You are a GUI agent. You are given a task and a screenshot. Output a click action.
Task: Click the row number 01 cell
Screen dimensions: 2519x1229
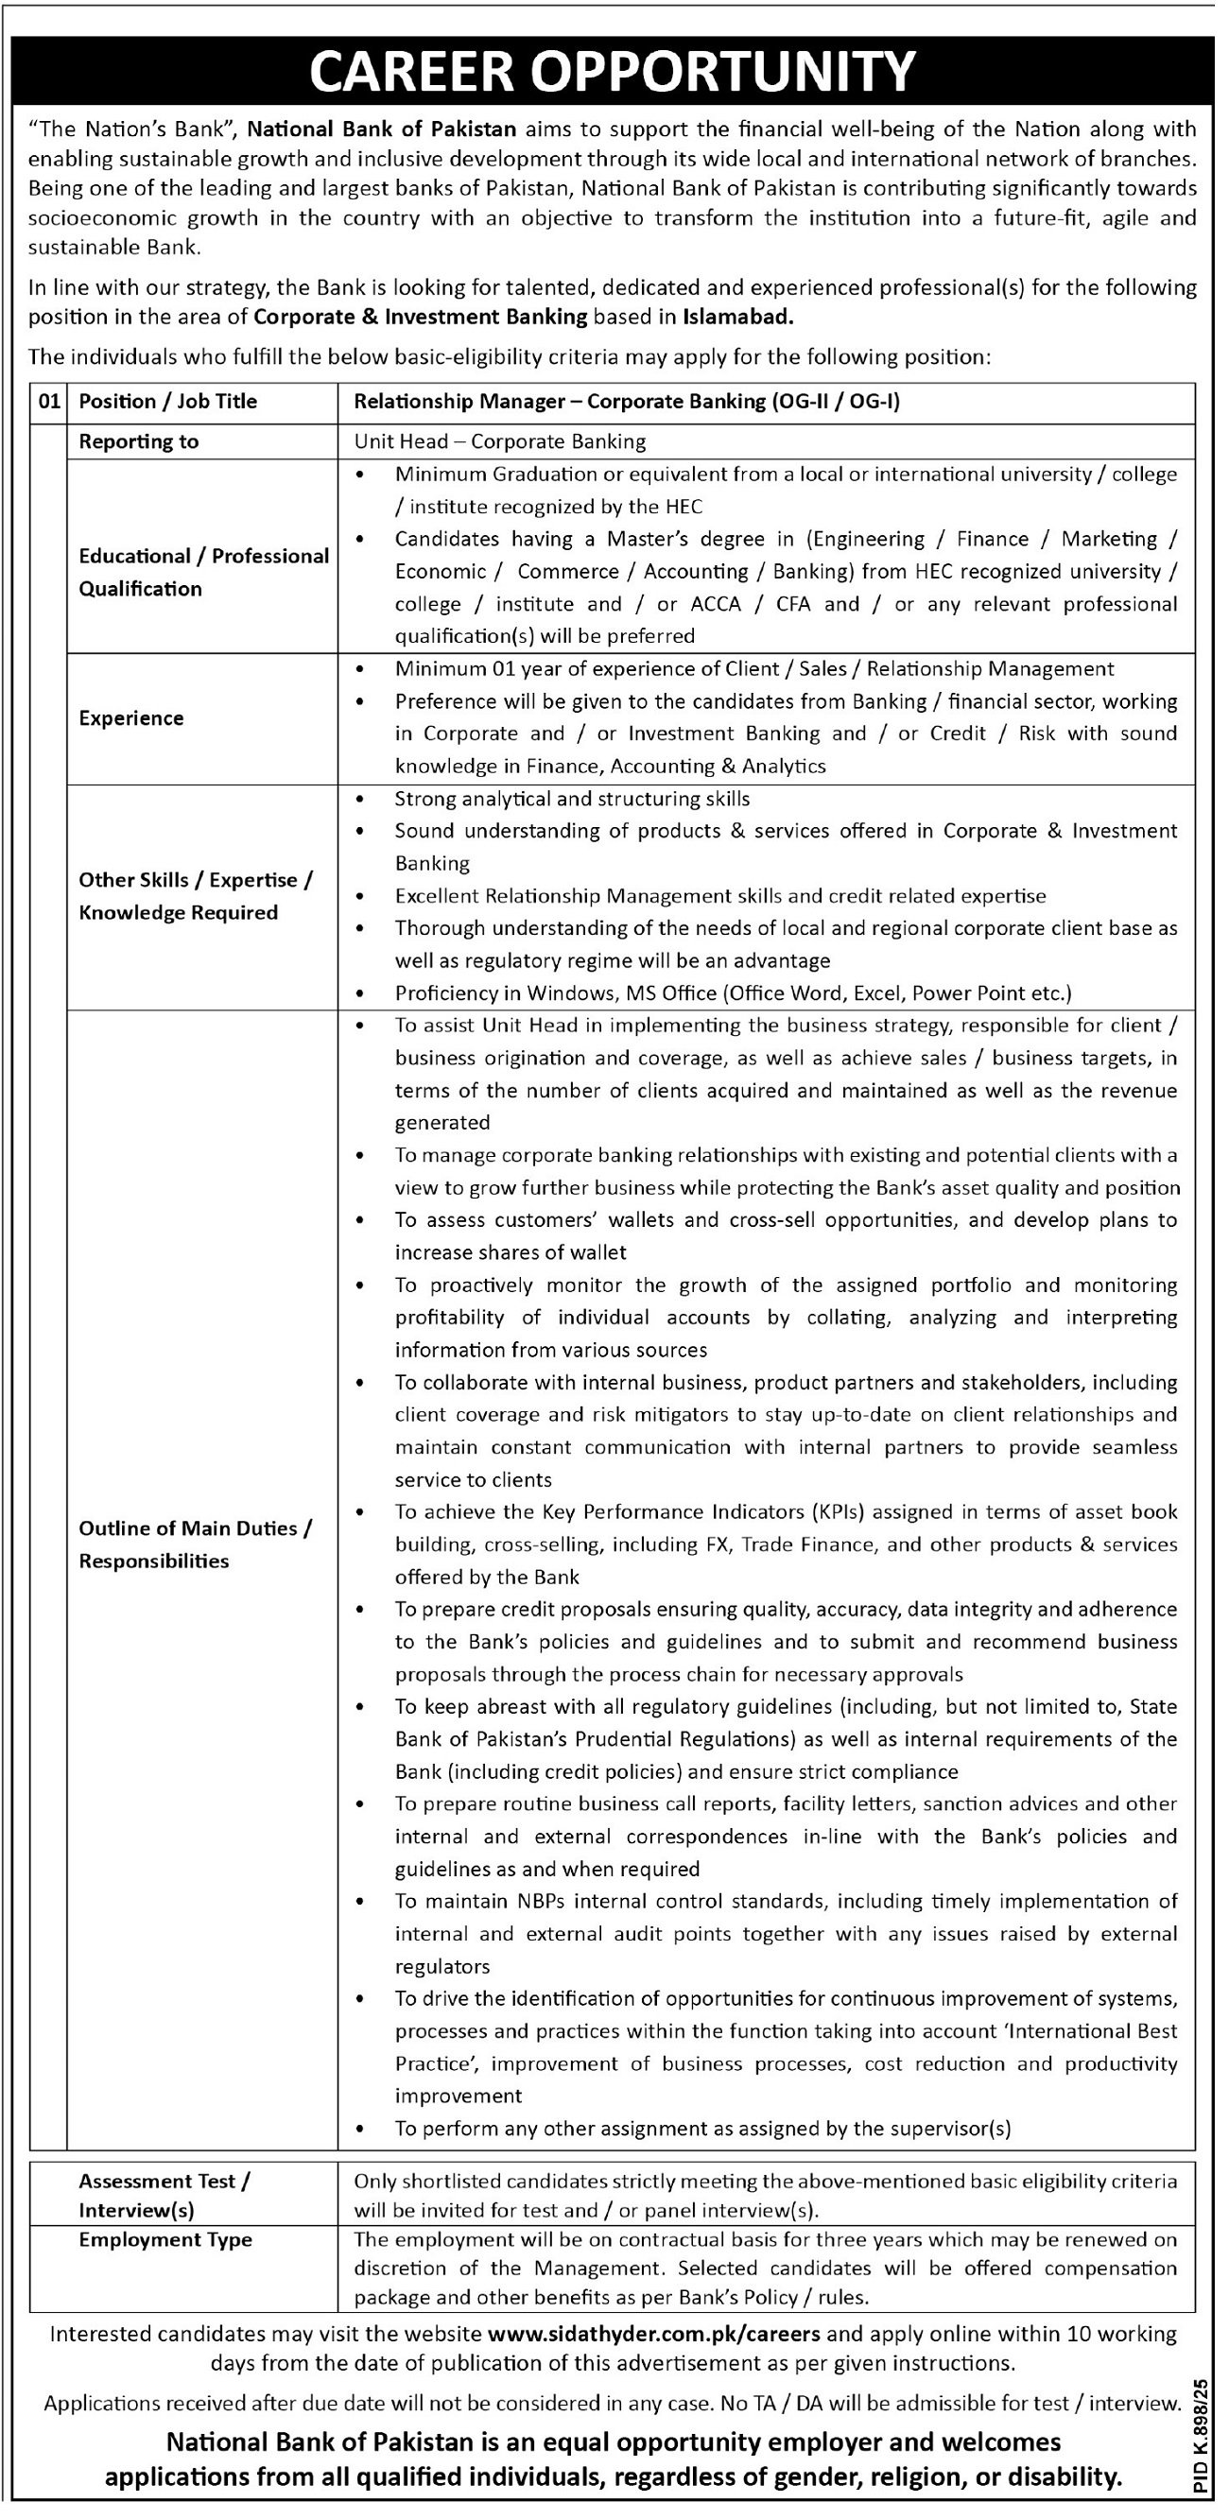48,401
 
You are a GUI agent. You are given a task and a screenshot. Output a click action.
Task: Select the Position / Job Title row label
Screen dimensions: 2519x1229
168,401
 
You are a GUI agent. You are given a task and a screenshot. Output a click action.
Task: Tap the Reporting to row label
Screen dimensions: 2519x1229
139,441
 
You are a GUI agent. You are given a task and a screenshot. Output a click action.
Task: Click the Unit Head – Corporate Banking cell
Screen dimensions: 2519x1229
499,441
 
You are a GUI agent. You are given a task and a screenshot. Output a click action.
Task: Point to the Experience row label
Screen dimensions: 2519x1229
131,717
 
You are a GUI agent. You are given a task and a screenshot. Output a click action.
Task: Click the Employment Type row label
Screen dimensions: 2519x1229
165,2239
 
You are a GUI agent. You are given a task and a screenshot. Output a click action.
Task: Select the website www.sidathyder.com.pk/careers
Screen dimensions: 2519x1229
653,2333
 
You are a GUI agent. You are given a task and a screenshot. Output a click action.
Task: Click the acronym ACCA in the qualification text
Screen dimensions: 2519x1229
715,603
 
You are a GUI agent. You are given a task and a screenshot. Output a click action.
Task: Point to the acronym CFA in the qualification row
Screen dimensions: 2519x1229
793,603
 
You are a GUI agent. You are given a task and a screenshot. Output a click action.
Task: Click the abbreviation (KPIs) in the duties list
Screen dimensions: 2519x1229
838,1511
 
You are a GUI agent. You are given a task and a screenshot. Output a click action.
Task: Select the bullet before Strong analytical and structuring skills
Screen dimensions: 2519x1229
364,799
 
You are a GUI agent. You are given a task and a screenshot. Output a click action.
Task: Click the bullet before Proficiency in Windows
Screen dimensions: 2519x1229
364,993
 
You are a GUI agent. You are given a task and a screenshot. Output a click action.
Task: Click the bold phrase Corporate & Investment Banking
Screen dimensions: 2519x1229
421,316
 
